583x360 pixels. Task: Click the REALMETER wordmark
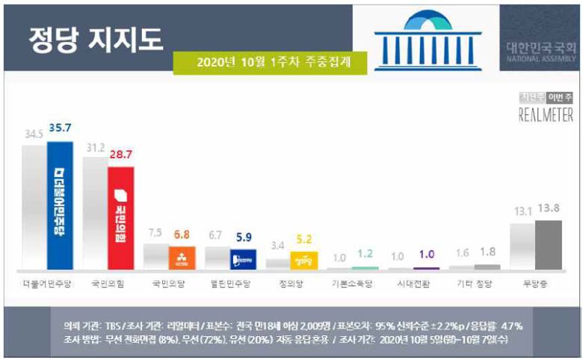546,116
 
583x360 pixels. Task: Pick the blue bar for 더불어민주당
60,205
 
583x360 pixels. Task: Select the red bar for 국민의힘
121,217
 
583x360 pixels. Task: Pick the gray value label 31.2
96,149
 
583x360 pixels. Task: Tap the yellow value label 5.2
304,240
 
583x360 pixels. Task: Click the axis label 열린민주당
229,285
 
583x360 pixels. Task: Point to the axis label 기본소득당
351,285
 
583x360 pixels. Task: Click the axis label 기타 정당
474,285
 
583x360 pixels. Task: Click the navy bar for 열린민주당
243,258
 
